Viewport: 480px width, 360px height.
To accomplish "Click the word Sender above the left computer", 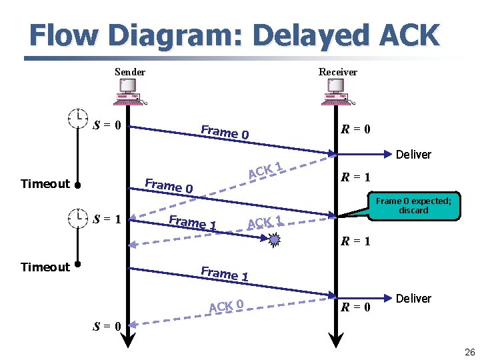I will point(130,72).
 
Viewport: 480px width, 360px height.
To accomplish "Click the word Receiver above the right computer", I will point(337,72).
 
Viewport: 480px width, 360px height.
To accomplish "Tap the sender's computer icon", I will point(127,92).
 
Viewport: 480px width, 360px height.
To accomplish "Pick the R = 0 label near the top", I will point(356,129).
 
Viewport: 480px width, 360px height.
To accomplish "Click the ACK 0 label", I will point(225,306).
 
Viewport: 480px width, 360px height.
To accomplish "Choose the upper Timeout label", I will point(45,184).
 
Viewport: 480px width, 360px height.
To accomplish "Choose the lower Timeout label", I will point(45,267).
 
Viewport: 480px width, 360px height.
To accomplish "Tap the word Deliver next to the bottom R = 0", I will point(413,299).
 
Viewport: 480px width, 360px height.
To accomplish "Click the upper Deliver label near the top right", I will point(413,155).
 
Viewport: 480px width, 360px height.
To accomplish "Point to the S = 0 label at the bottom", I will point(107,327).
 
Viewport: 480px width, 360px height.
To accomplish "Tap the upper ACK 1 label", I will point(266,171).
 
